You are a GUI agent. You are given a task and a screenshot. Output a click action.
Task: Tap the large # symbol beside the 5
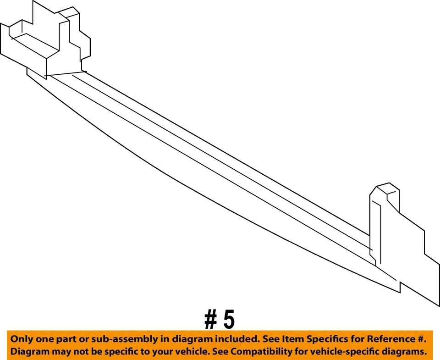[x=211, y=320]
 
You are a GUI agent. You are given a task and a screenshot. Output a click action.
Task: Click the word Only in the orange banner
[x=22, y=340]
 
